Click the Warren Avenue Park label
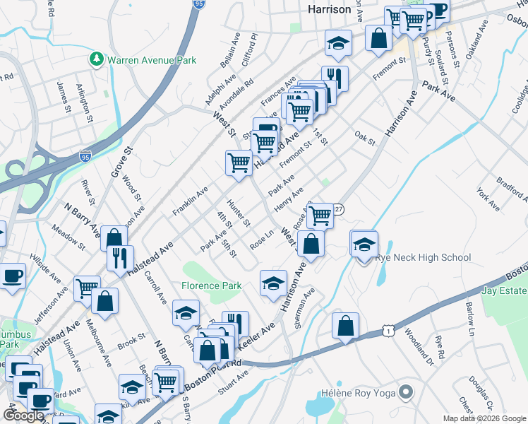[x=152, y=60]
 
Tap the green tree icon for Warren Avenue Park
[x=97, y=60]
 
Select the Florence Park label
[x=211, y=285]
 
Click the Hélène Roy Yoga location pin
[x=406, y=391]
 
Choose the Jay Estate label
[x=504, y=290]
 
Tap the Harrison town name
[x=330, y=9]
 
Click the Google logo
[x=23, y=416]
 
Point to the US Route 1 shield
[x=388, y=330]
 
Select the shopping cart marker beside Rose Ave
[x=320, y=216]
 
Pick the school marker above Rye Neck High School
[x=364, y=245]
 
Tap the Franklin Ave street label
[x=190, y=201]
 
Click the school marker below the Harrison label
[x=338, y=45]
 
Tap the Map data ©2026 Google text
[x=484, y=418]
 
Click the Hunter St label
[x=241, y=213]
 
